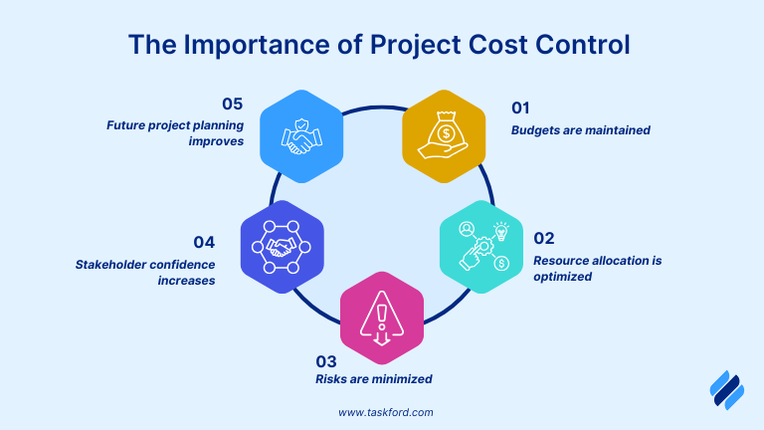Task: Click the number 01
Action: pos(520,107)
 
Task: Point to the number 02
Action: pos(544,239)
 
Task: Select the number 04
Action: pos(205,241)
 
